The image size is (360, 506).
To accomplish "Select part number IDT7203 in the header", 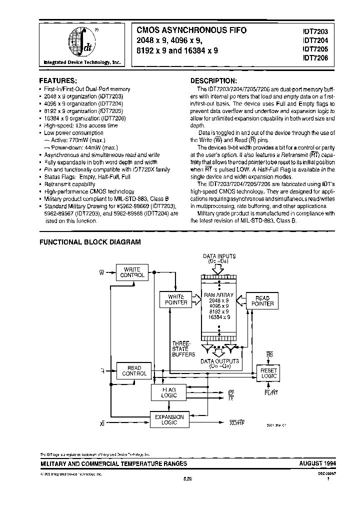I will pyautogui.click(x=314, y=31).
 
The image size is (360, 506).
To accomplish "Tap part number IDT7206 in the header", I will pyautogui.click(x=314, y=58).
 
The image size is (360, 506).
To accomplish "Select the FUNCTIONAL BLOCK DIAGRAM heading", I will pyautogui.click(x=90, y=242).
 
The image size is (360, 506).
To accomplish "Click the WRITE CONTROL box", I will pyautogui.click(x=132, y=272).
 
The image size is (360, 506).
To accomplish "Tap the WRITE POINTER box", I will pyautogui.click(x=176, y=299).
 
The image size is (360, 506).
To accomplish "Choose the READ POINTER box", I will pyautogui.click(x=262, y=300).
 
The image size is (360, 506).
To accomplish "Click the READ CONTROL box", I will pyautogui.click(x=134, y=371).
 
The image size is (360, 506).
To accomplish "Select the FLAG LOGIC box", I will pyautogui.click(x=169, y=392).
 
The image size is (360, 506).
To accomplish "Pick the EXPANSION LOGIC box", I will pyautogui.click(x=169, y=420).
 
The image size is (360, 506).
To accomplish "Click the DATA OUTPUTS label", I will pyautogui.click(x=220, y=363).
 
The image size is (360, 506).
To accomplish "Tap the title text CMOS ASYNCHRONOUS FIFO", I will pyautogui.click(x=189, y=30).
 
